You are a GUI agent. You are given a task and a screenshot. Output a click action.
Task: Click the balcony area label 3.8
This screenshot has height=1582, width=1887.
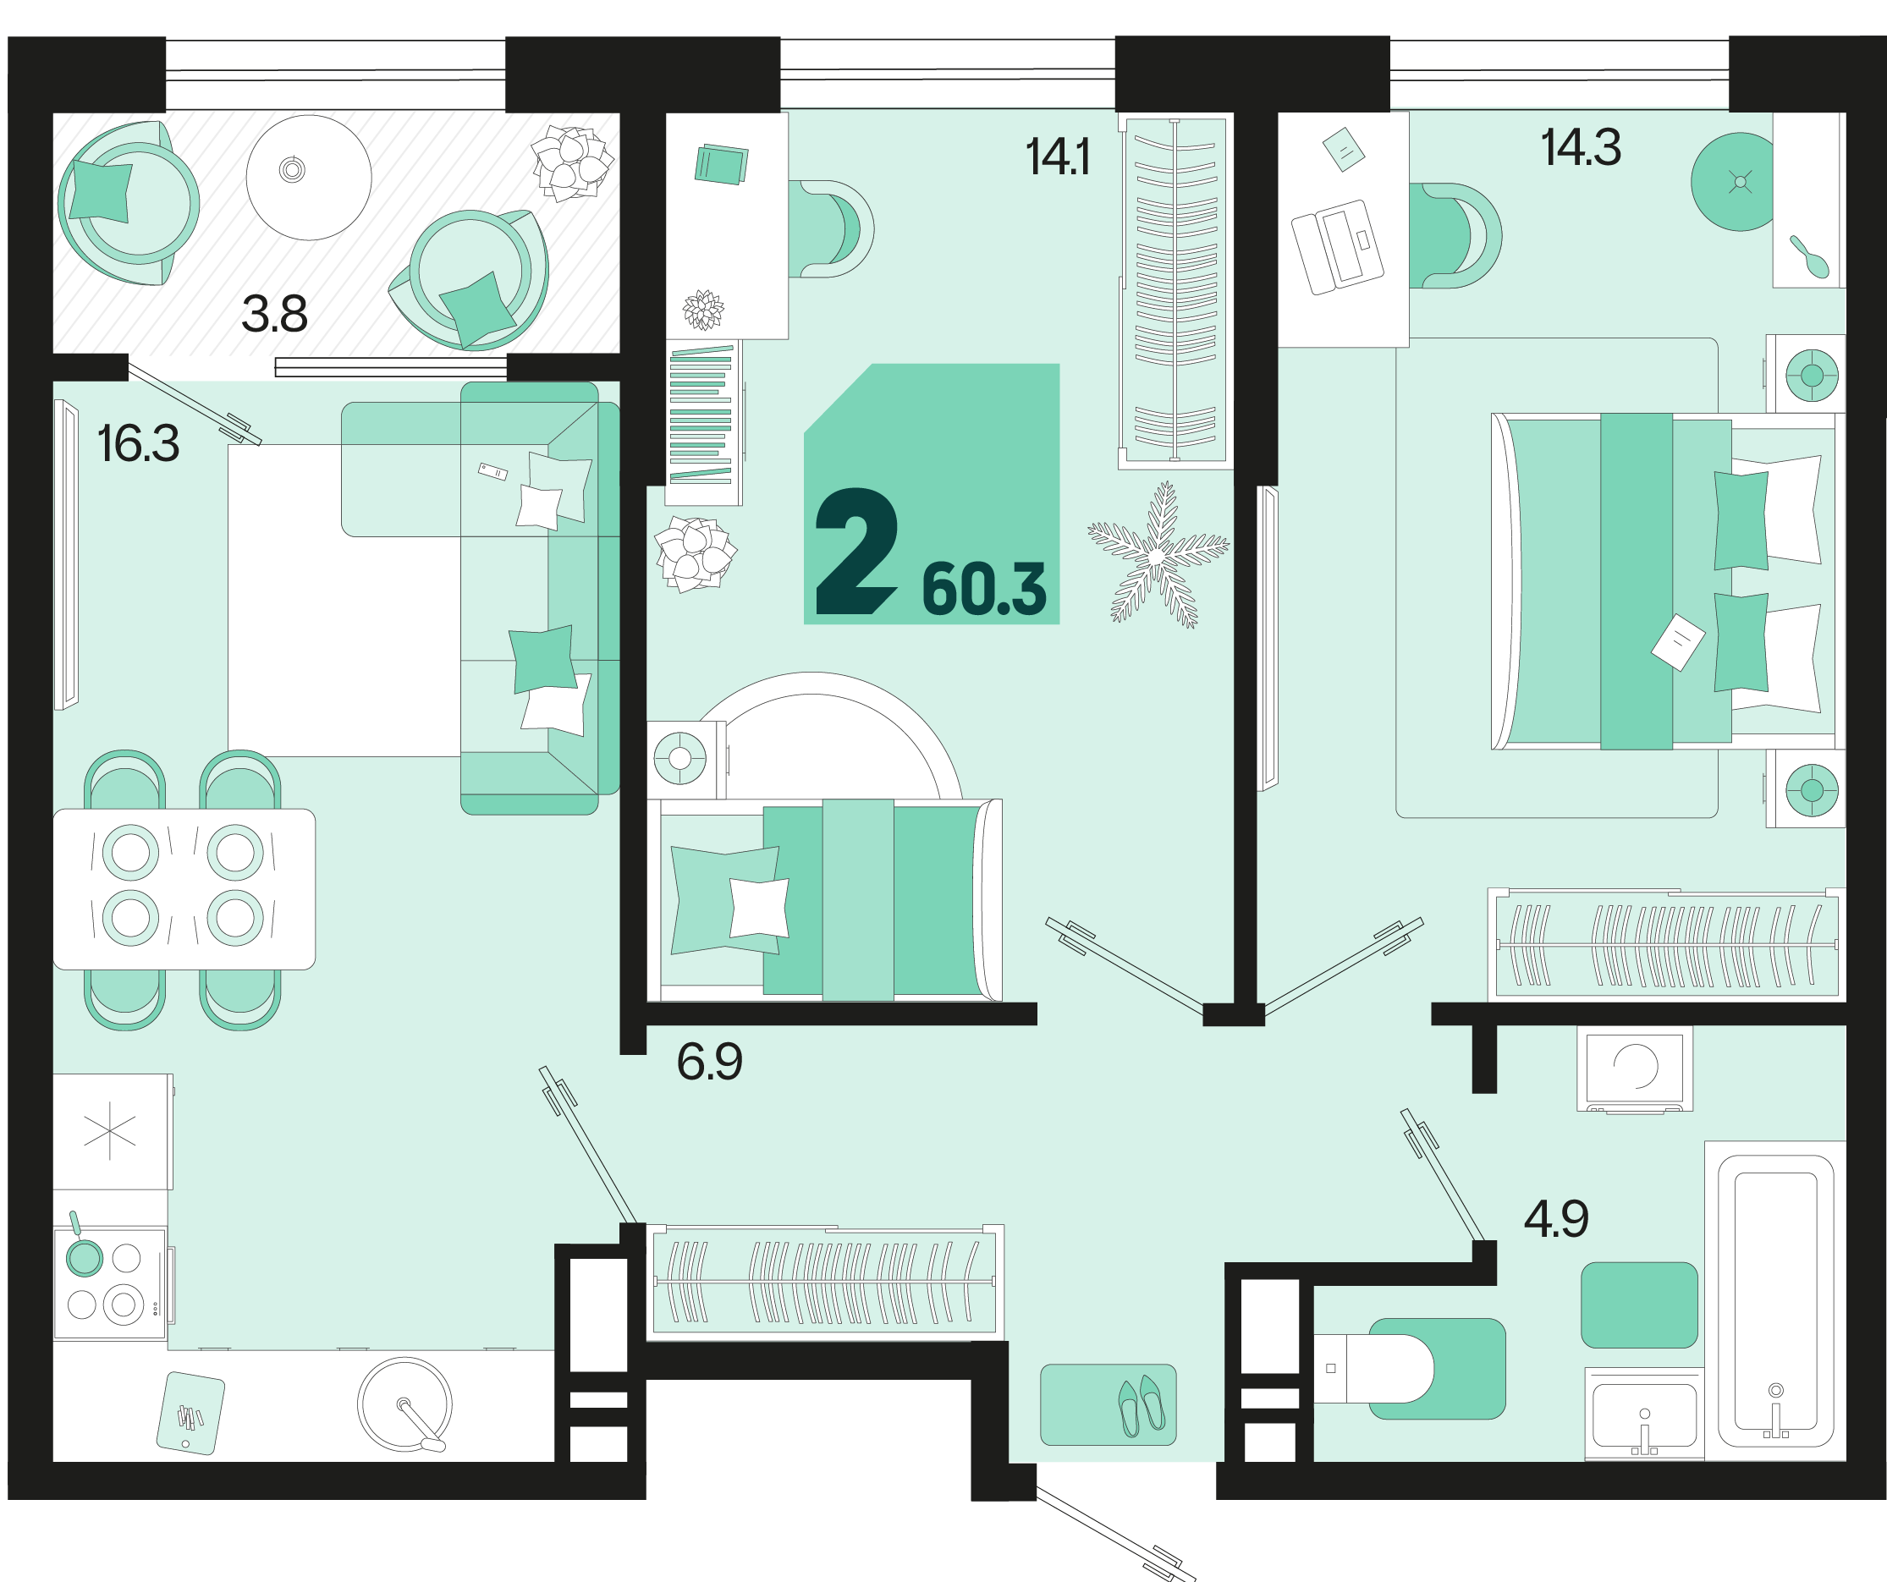click(274, 315)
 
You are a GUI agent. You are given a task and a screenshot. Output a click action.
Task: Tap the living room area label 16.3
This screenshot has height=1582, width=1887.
click(139, 444)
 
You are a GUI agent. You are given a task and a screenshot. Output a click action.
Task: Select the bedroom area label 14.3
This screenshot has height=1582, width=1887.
click(1581, 147)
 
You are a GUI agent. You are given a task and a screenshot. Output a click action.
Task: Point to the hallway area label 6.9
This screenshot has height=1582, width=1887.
click(709, 1062)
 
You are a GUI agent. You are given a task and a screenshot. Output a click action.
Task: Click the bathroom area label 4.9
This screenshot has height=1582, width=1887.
click(1556, 1219)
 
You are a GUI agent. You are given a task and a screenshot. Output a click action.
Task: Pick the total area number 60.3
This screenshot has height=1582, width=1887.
click(984, 591)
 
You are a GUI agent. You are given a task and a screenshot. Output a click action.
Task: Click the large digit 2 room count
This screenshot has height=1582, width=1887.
click(856, 552)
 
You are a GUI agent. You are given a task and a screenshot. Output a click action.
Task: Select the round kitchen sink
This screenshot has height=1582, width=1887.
click(405, 1404)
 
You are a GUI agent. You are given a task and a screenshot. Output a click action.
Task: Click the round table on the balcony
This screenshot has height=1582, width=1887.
click(308, 177)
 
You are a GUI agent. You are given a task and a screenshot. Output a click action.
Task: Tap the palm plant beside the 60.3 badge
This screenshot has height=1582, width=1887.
click(1158, 554)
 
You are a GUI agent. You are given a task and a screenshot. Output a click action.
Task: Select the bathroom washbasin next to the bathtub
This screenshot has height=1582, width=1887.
click(1643, 1413)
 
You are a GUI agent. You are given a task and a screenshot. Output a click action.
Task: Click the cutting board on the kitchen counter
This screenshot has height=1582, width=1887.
click(190, 1413)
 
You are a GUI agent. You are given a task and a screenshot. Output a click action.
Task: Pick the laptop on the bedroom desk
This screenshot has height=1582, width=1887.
click(1337, 247)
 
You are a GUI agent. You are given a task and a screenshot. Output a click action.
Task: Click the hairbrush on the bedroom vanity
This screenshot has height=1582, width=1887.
click(1809, 258)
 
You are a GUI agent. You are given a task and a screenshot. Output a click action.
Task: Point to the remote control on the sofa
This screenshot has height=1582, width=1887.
click(492, 470)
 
